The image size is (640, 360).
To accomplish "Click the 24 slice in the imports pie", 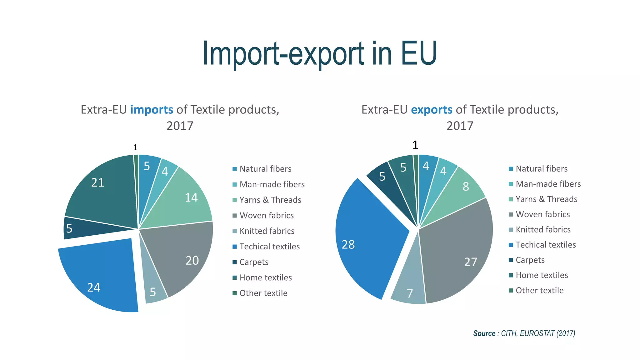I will pos(100,278).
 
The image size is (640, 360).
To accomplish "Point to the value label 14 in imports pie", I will pos(191,197).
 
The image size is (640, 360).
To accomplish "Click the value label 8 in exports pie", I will pos(466,187).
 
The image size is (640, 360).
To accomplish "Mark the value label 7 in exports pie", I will pos(410,293).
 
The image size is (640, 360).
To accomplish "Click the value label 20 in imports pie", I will pos(192,261).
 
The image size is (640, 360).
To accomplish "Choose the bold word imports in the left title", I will pos(152,110).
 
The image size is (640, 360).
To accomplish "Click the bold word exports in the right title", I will pos(431,110).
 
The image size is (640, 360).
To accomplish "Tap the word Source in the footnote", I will pos(484,333).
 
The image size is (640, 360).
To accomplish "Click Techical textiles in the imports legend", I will pos(269,247).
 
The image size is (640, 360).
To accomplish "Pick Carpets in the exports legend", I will pos(530,260).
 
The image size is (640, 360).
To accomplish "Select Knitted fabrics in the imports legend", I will pos(267,231).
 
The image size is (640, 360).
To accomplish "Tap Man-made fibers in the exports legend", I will pos(548,184).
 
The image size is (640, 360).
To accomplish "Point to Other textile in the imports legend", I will pos(263,293).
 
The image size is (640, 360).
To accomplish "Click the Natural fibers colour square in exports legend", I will pos(511,169).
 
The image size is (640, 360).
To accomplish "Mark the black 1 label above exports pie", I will pos(415,145).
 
